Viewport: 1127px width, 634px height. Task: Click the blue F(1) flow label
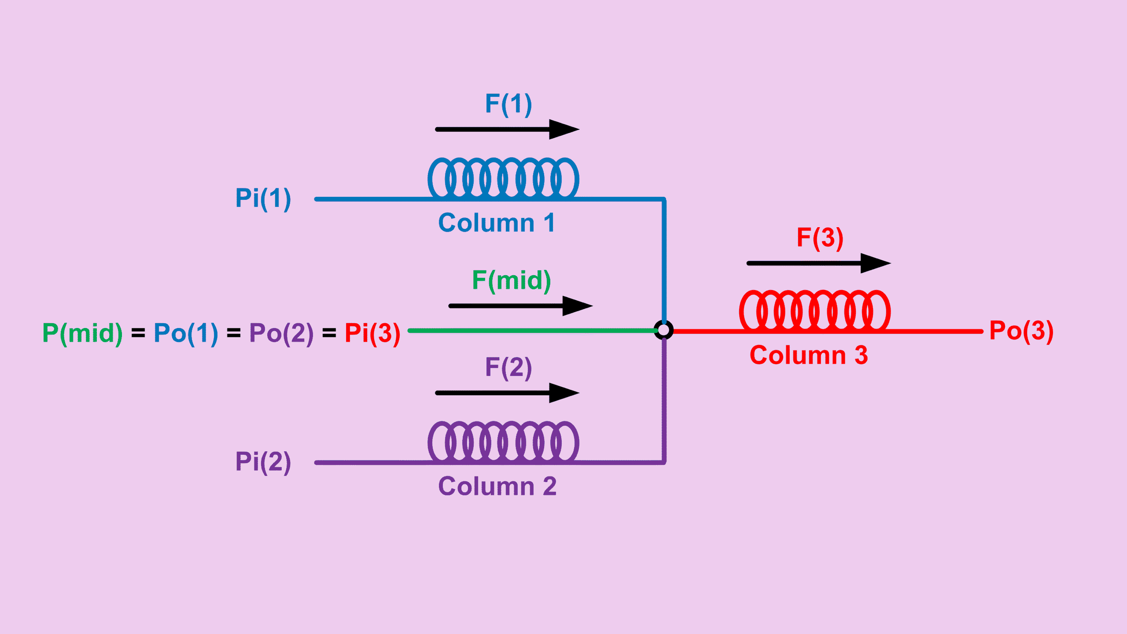click(x=508, y=104)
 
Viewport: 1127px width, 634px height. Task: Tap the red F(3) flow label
click(x=820, y=238)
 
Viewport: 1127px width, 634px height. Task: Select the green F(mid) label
click(x=511, y=280)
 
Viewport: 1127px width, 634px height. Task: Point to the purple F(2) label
click(x=508, y=368)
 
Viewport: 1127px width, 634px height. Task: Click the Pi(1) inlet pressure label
click(x=263, y=198)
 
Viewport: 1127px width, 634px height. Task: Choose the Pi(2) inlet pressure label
click(x=263, y=462)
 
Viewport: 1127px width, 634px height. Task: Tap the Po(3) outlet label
click(x=1021, y=331)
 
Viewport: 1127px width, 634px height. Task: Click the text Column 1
click(x=497, y=223)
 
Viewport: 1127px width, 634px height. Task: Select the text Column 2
click(x=497, y=487)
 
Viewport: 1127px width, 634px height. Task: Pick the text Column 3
click(x=809, y=355)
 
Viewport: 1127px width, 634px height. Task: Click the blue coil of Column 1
click(x=503, y=178)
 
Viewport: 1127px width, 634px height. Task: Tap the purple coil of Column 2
click(x=503, y=442)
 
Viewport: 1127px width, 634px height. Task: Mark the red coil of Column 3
click(x=815, y=310)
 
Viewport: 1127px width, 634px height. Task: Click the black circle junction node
click(x=663, y=330)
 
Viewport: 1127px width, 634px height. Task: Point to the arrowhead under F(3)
click(x=874, y=263)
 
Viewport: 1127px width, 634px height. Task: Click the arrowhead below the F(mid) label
click(x=576, y=306)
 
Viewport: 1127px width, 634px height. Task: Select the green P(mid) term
click(x=82, y=333)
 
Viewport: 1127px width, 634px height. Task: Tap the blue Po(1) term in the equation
click(x=186, y=333)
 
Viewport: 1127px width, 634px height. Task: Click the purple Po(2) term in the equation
click(x=281, y=333)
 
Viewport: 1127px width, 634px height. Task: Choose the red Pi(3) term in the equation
click(x=372, y=333)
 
